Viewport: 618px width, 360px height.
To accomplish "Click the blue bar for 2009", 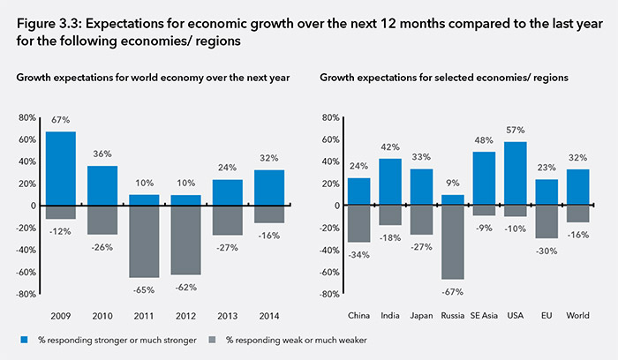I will click(x=61, y=169).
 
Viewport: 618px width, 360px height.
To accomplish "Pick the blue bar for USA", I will click(x=514, y=173).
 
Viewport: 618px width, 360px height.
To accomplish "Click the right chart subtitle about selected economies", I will click(x=443, y=79).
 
